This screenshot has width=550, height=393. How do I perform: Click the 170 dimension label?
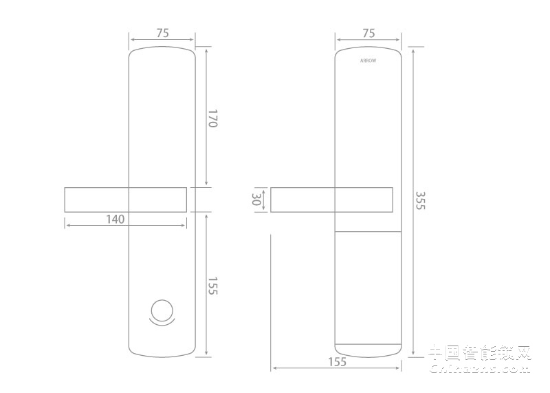click(212, 118)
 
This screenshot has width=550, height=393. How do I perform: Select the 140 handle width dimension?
click(115, 220)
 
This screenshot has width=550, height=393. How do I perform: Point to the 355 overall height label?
click(421, 200)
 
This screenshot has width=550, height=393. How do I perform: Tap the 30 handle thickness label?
click(257, 200)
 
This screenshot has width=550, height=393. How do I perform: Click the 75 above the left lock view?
click(162, 33)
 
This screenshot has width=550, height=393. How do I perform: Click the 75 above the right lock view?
click(368, 33)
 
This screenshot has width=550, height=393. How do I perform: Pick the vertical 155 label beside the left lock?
click(212, 286)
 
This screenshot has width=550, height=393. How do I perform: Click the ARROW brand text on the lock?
click(368, 61)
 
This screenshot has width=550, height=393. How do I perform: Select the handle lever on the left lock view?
click(125, 200)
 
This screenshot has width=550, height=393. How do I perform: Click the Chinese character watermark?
click(480, 352)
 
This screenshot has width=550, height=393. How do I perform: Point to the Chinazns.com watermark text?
click(480, 369)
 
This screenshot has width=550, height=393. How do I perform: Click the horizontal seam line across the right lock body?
click(368, 232)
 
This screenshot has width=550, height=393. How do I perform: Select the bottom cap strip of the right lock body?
click(368, 349)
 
